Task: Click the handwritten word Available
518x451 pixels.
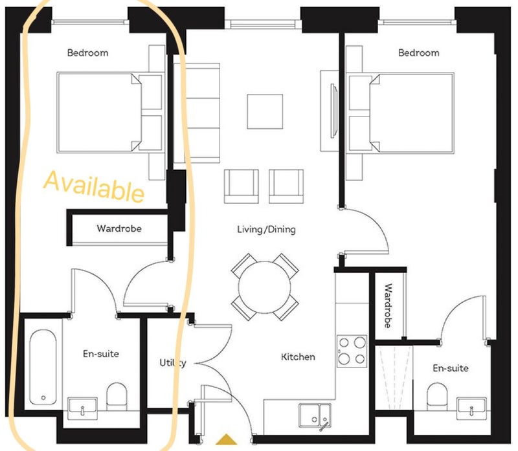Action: (94, 186)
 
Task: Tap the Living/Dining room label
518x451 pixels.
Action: (266, 229)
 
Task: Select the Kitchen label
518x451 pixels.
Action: (298, 357)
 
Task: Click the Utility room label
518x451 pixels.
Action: (173, 362)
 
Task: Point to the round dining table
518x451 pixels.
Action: (265, 287)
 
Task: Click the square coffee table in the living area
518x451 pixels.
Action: (265, 111)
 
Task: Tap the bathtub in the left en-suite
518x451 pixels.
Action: (43, 366)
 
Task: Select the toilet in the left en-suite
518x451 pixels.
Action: (117, 396)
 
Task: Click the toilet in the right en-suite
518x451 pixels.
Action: (438, 396)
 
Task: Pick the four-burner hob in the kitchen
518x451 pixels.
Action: (352, 351)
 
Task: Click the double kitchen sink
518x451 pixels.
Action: (315, 415)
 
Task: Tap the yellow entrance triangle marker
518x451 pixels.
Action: (226, 439)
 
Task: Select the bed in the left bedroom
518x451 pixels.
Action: (111, 113)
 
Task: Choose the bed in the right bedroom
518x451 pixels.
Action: (400, 113)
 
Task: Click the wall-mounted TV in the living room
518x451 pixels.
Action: (334, 111)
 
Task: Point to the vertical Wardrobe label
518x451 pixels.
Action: (388, 305)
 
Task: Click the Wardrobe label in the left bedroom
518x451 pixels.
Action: (119, 228)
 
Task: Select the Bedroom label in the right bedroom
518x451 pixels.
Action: (418, 53)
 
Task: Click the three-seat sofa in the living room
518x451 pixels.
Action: (197, 113)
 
